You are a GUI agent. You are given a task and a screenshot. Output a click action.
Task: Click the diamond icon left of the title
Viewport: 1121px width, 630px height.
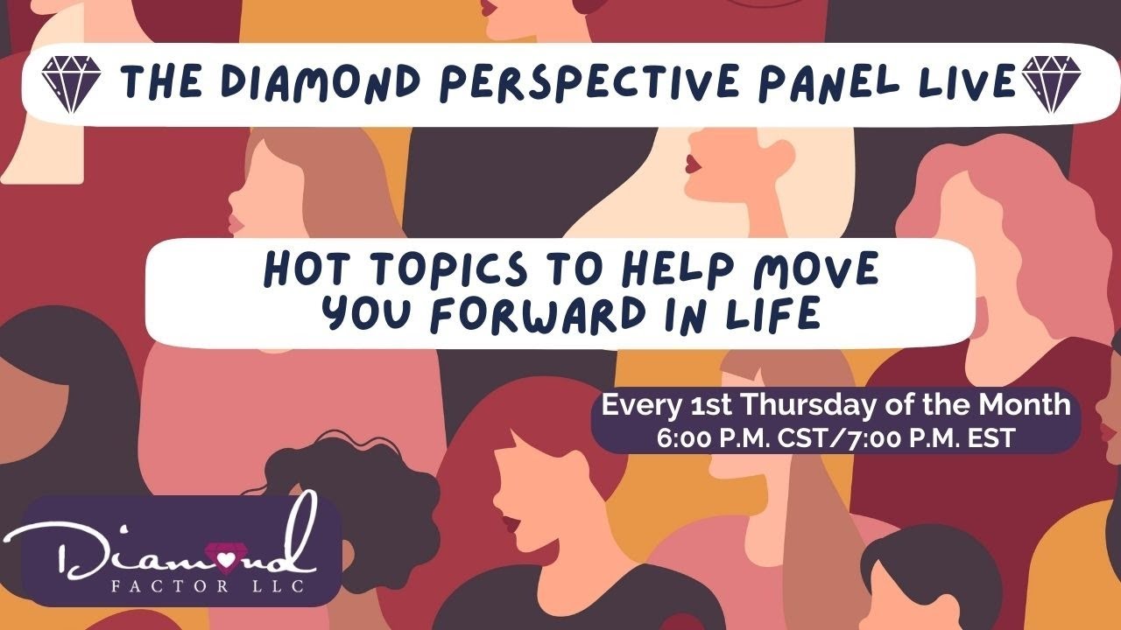click(x=72, y=84)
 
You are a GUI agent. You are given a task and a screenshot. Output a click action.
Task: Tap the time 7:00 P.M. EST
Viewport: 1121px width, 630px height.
click(x=928, y=437)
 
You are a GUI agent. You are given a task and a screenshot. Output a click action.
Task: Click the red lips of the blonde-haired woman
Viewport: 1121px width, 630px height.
click(x=691, y=163)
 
